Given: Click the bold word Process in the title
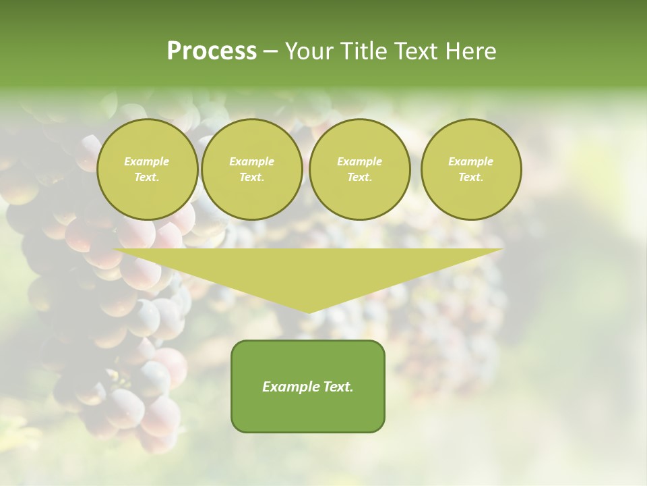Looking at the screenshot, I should (x=212, y=51).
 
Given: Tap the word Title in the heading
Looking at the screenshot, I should (x=363, y=51).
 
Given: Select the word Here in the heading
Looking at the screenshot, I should (x=470, y=51).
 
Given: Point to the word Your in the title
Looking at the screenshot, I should (x=309, y=51).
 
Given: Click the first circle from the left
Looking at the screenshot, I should (x=147, y=169).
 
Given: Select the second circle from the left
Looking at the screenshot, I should (x=251, y=169).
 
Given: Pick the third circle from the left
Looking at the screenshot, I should (x=359, y=169).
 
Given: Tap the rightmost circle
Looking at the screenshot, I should (x=470, y=169).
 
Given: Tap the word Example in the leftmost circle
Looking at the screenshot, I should (x=147, y=161).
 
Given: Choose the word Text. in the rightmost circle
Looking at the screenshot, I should (x=470, y=178).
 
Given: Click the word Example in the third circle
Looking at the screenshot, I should (x=359, y=161).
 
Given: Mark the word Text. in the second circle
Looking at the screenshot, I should (x=251, y=178).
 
